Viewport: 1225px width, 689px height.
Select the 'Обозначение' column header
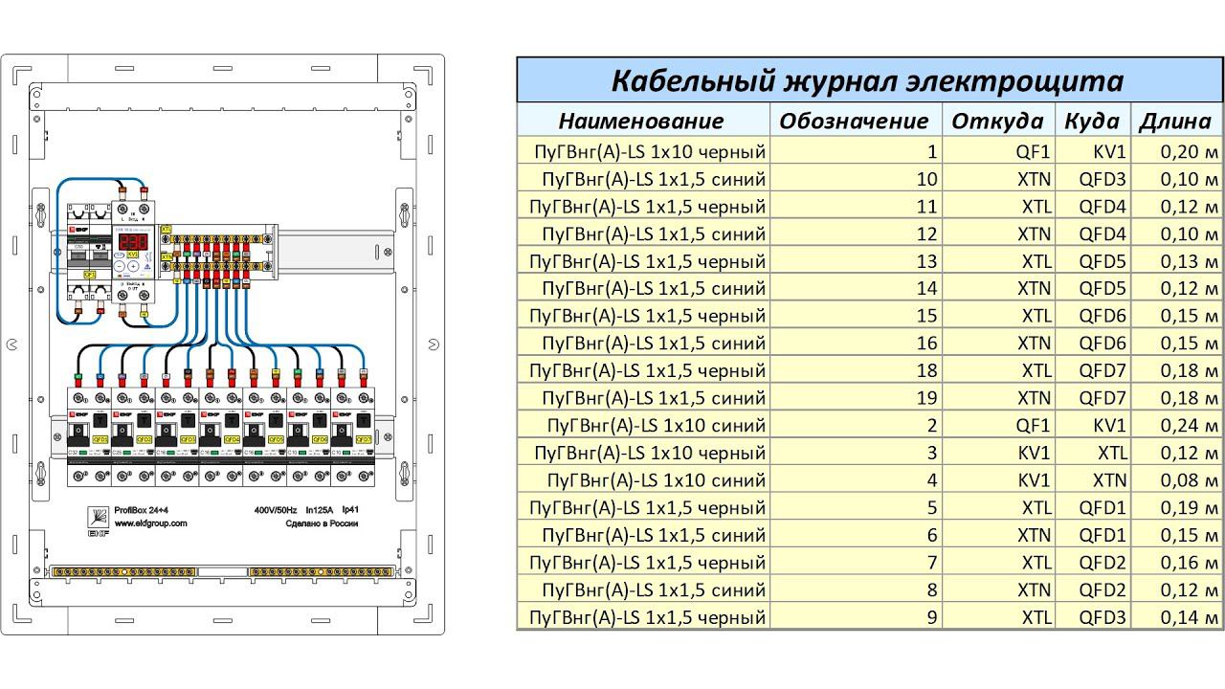click(854, 121)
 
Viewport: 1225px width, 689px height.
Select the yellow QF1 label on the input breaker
click(90, 275)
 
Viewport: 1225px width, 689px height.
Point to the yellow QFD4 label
click(233, 439)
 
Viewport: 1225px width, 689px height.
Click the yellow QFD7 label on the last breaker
click(365, 439)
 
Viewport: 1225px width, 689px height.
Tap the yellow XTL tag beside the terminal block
click(167, 230)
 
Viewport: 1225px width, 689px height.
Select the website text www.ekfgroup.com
click(151, 523)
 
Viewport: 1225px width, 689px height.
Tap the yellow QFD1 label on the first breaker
click(100, 439)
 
